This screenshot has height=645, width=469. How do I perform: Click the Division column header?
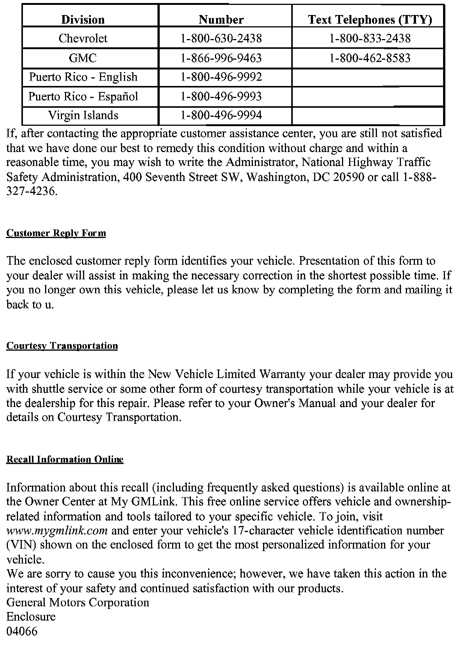coord(83,20)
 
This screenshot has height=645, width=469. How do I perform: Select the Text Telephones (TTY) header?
coord(370,20)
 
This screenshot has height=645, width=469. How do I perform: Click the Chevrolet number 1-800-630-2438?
coord(221,38)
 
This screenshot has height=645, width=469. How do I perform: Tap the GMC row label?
coord(83,58)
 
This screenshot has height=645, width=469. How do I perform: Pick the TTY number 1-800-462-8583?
coord(370,58)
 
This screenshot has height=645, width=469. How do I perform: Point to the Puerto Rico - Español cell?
coord(83,96)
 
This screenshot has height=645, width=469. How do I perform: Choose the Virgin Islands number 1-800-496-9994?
coord(221,115)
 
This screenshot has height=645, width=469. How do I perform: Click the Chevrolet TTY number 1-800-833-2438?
coord(370,38)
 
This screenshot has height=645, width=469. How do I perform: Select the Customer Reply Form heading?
coord(56,233)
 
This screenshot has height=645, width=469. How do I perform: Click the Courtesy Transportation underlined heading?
coord(62,346)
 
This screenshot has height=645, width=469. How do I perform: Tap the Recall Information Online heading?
coord(65,460)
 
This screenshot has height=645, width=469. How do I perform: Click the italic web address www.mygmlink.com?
coord(57,530)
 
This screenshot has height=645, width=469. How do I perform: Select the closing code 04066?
coord(22,631)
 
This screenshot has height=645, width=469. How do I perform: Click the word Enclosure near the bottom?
coord(31,616)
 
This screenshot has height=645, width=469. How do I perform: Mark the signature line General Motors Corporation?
coord(78,602)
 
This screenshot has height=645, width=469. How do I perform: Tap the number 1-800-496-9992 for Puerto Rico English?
coord(221,77)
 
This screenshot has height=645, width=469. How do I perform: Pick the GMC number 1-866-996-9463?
coord(221,58)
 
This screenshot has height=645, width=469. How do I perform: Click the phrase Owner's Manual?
coord(295,403)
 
